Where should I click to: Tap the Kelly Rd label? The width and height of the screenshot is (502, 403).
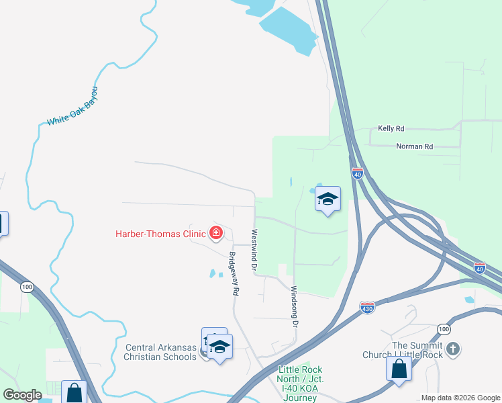(x=391, y=128)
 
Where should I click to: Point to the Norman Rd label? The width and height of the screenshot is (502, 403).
(x=415, y=146)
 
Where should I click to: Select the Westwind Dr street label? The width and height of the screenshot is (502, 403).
(x=255, y=251)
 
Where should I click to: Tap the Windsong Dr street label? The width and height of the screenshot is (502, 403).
(x=293, y=306)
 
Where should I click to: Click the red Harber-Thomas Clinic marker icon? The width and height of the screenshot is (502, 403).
(x=216, y=233)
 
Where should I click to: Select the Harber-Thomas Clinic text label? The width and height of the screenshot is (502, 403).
(x=160, y=234)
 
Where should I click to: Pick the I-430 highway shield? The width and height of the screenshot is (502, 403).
(x=367, y=308)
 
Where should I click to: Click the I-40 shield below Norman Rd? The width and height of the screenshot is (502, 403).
(x=357, y=173)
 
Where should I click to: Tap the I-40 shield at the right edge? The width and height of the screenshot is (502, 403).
(x=480, y=267)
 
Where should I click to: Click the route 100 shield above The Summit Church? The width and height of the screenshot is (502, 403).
(x=443, y=328)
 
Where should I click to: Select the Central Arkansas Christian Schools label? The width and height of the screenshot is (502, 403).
(x=161, y=352)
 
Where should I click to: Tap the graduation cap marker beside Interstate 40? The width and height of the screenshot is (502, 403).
(x=328, y=199)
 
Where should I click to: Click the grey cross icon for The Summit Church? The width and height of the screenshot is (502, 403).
(x=454, y=349)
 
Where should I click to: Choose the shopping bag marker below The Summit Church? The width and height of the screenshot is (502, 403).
(x=399, y=369)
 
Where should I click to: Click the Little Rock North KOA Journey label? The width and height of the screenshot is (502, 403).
(x=300, y=384)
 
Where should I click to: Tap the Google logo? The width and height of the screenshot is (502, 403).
(x=22, y=395)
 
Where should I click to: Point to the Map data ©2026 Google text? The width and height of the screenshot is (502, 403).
(x=460, y=397)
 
